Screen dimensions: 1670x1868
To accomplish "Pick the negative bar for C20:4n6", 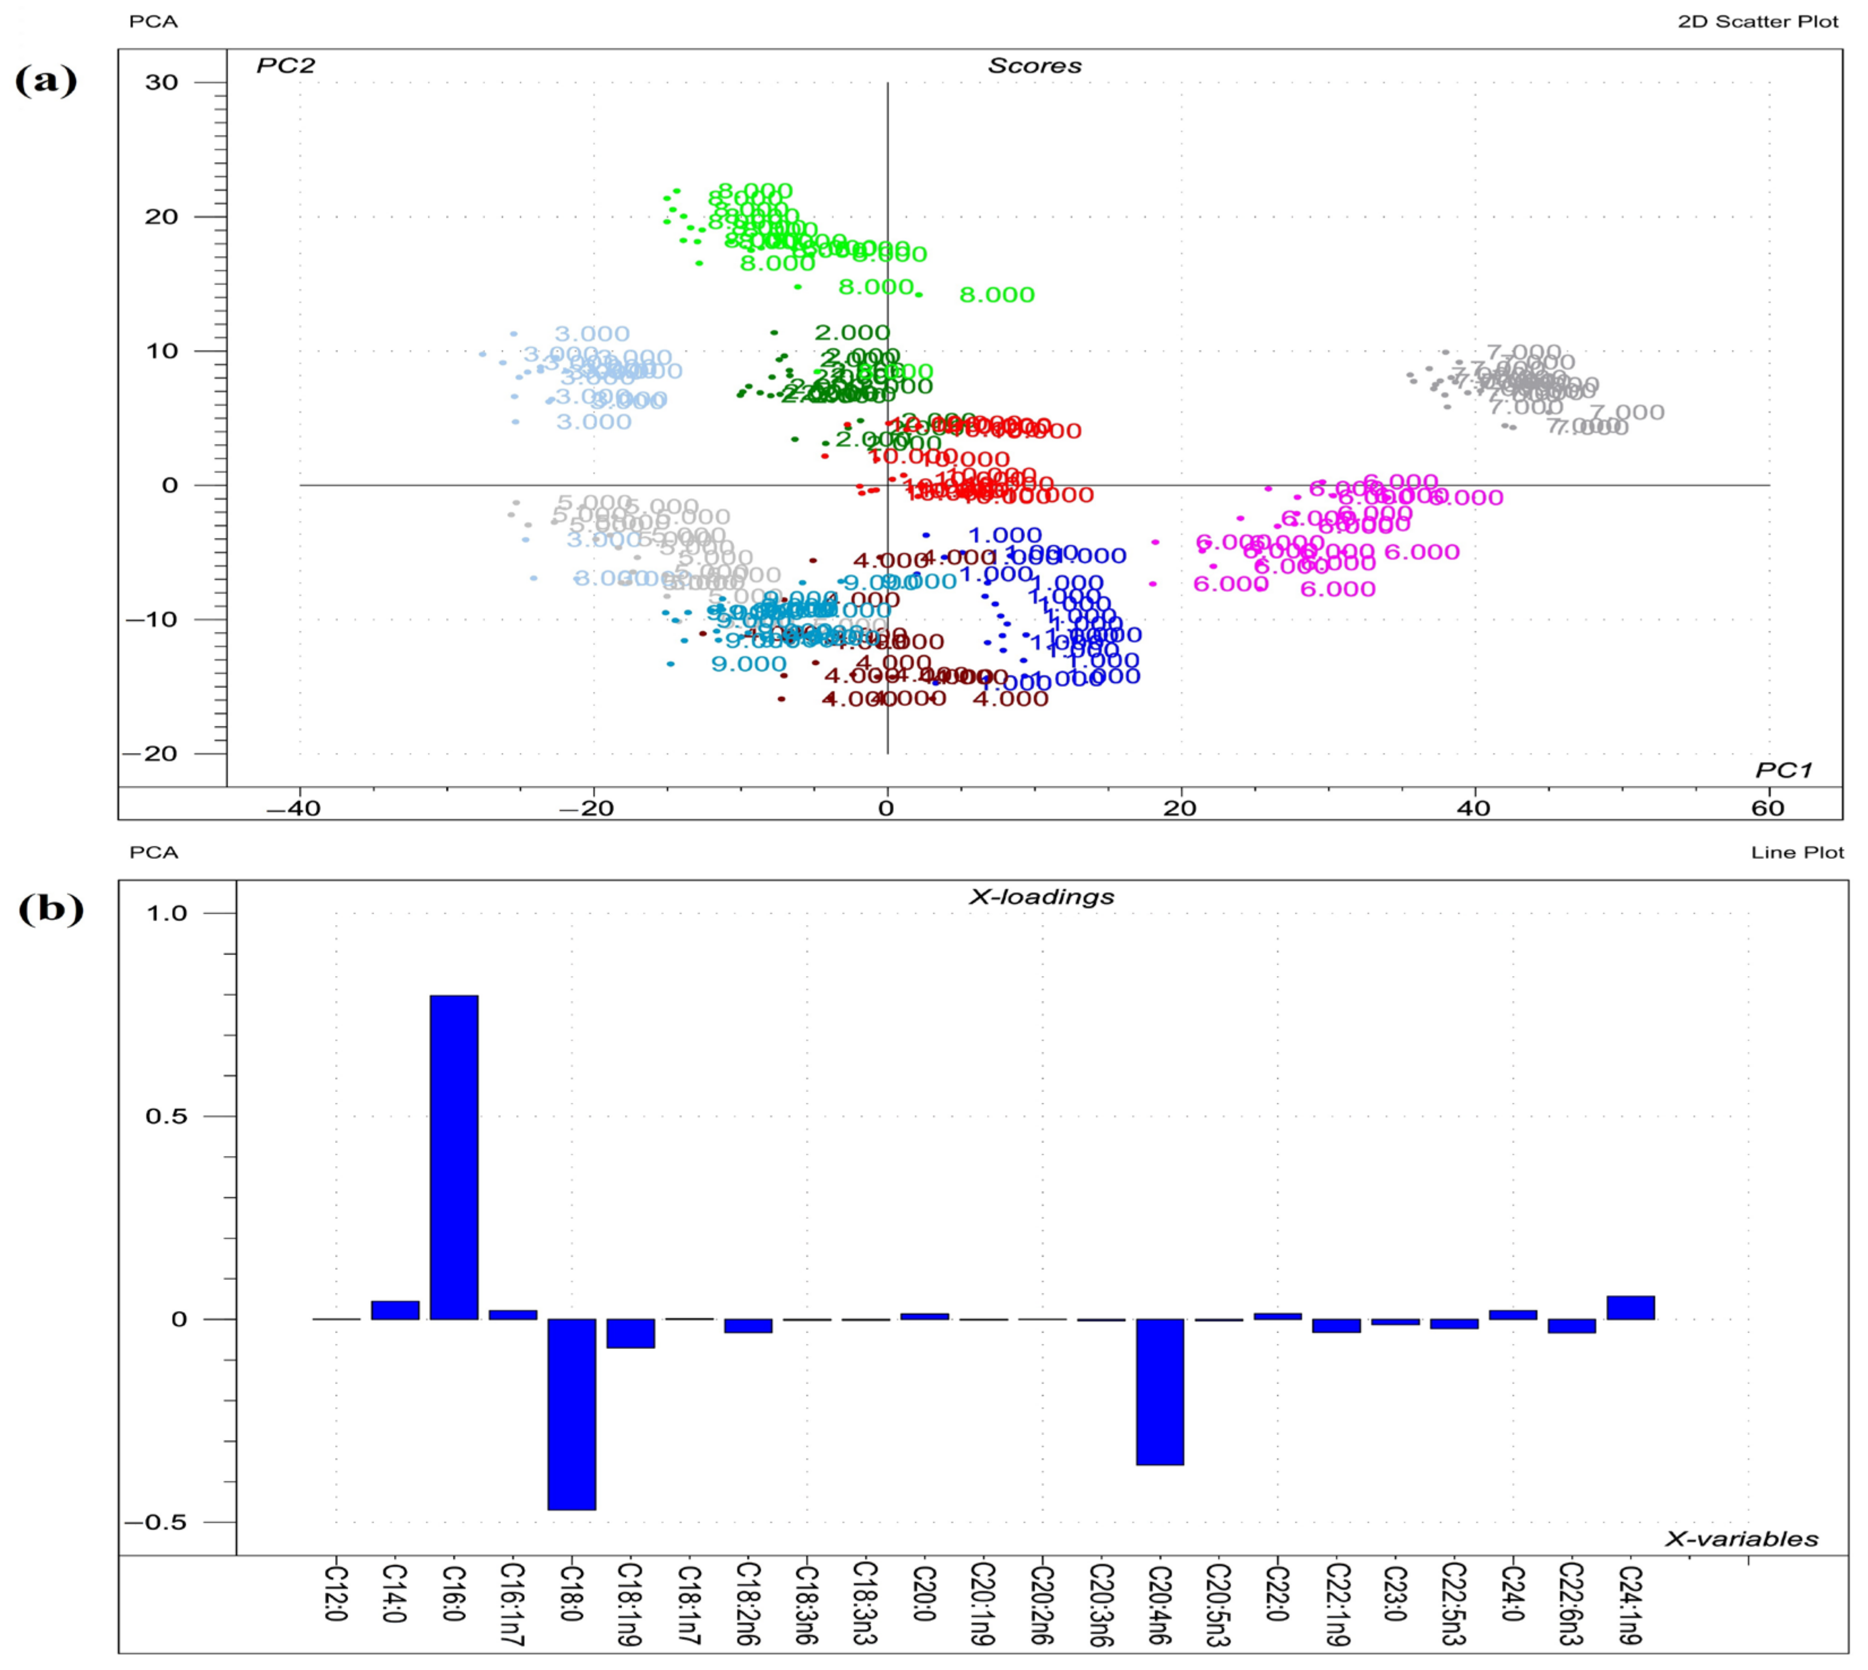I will tap(1160, 1391).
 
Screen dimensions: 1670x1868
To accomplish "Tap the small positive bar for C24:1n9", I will tap(1630, 1308).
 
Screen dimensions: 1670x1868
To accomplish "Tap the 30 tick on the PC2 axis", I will tap(161, 83).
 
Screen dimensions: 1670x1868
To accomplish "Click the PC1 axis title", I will tap(1784, 770).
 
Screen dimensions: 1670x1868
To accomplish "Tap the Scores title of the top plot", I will tap(1034, 66).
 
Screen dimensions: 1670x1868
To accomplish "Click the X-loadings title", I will tap(1042, 897).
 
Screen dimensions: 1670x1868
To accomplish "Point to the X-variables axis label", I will tap(1741, 1539).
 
